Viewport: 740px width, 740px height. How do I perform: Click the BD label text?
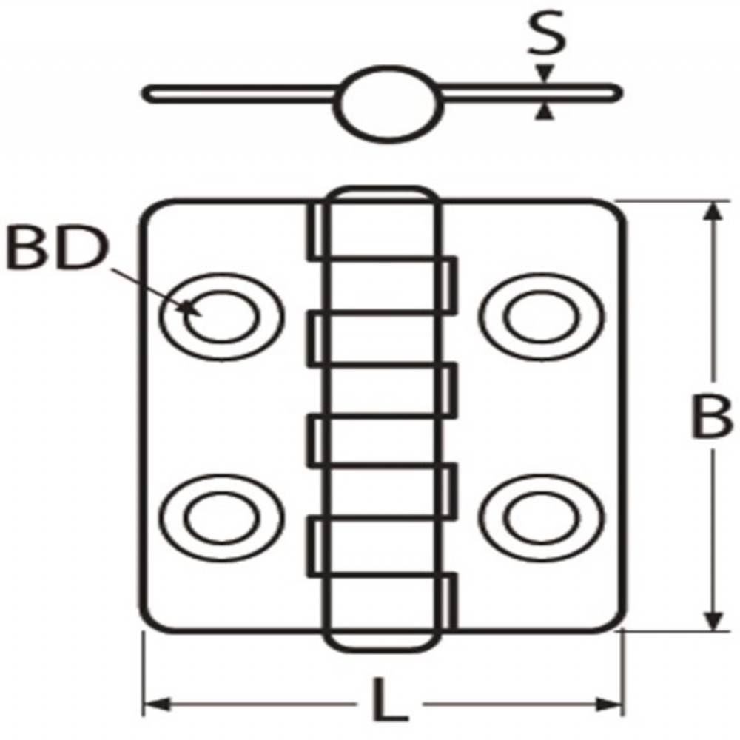coord(58,249)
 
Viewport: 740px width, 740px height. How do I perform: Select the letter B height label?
coord(711,417)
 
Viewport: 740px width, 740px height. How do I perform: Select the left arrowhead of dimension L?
coord(155,705)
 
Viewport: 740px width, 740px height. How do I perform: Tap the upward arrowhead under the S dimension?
coord(545,112)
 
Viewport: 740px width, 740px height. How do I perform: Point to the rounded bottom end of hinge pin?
coord(383,650)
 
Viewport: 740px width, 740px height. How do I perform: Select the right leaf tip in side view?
coord(619,93)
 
